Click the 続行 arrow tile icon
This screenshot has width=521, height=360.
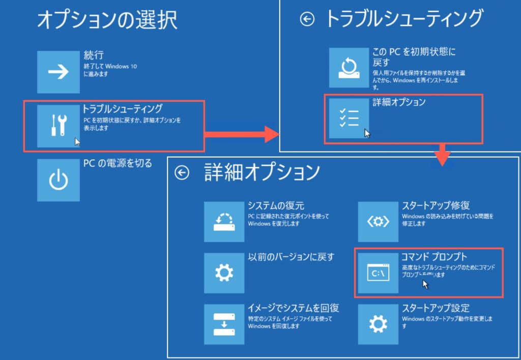click(x=58, y=72)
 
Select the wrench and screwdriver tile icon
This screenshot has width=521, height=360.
click(x=58, y=125)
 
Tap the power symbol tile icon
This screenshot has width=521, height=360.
click(x=58, y=180)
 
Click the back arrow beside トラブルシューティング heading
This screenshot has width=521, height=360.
click(x=307, y=20)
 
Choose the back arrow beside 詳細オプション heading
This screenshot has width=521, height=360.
click(x=182, y=173)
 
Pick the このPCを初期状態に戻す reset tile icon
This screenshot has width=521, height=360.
click(x=350, y=68)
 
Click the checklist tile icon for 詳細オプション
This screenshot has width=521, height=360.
click(x=350, y=118)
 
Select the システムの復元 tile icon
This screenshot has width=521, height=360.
click(x=224, y=222)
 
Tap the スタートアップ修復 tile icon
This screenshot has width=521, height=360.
click(x=378, y=222)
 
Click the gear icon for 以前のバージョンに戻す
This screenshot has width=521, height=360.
click(x=224, y=273)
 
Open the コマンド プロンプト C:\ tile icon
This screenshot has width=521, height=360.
click(x=378, y=273)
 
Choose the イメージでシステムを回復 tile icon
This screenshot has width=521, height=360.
click(x=224, y=324)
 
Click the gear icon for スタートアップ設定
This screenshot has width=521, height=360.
click(x=378, y=324)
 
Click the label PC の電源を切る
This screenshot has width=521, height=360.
click(x=118, y=164)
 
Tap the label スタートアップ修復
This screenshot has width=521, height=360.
click(x=436, y=206)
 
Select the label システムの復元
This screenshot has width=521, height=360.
click(x=276, y=206)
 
